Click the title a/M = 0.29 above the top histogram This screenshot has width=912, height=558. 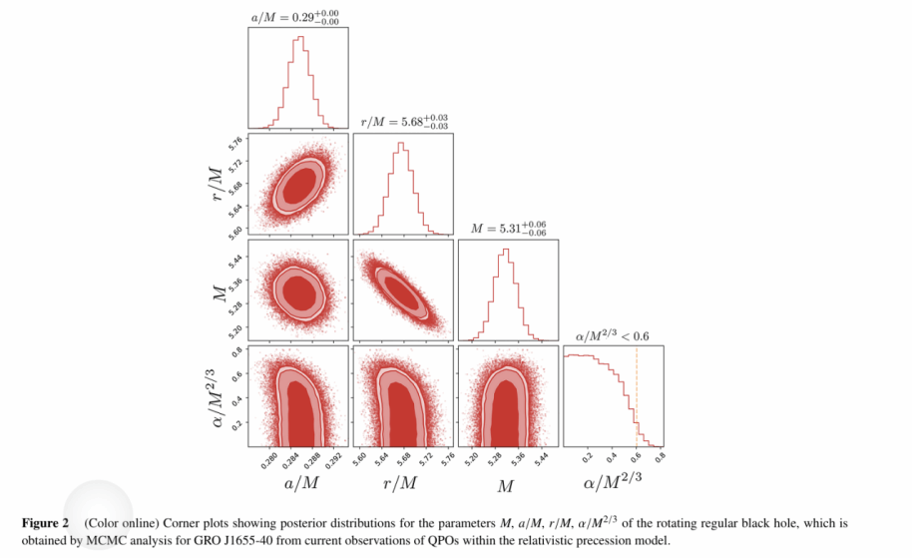298,16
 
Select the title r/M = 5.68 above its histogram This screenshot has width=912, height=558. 404,122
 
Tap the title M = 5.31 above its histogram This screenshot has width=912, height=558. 508,228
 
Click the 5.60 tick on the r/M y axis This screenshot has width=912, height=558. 236,229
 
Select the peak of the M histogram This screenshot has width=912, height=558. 505,249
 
